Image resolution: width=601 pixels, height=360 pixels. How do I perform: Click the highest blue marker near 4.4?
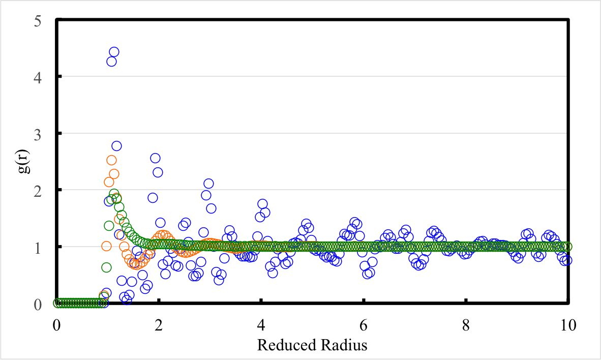pos(114,52)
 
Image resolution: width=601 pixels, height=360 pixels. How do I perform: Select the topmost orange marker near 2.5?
pos(111,160)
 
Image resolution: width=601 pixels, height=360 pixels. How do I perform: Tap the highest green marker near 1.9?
pos(114,194)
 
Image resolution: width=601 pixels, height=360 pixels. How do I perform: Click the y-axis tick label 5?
pos(38,20)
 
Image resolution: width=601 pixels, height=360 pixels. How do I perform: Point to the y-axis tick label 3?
pos(38,134)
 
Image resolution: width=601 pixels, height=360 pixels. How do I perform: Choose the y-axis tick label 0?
pos(38,304)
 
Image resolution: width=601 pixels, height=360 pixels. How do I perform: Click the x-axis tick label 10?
pos(567,324)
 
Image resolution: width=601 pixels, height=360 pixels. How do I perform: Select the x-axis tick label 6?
pos(364,324)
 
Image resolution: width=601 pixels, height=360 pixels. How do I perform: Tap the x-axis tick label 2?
pos(159,324)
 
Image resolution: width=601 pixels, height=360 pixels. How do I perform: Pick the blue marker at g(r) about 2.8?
pos(116,146)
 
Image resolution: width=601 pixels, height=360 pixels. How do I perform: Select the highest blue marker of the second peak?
pos(155,158)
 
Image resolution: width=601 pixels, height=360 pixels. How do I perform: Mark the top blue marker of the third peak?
pos(208,184)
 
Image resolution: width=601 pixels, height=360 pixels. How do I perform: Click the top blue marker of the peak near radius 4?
pos(262,204)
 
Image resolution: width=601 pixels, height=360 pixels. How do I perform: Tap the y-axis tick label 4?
pos(38,77)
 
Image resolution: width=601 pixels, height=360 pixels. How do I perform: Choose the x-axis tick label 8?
pos(466,324)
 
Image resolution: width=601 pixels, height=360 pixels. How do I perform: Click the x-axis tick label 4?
pos(261,324)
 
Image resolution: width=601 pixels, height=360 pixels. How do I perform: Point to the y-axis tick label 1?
pos(38,247)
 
